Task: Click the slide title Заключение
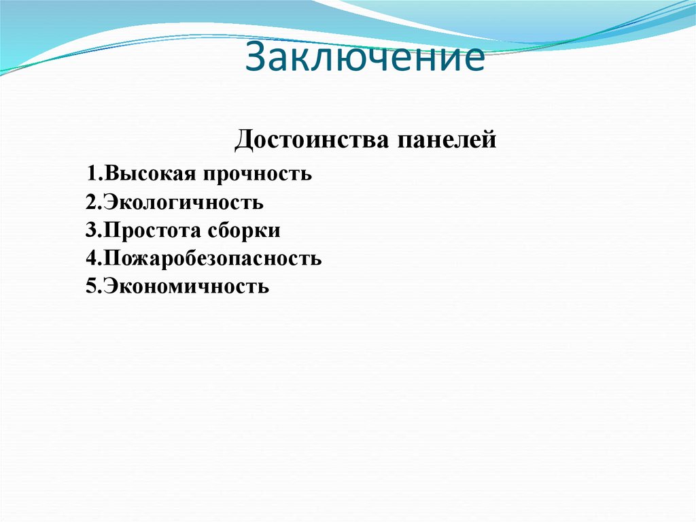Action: (366, 59)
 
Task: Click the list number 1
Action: (90, 174)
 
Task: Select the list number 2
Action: (90, 203)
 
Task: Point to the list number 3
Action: (90, 231)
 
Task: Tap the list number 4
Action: (90, 259)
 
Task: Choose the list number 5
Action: (90, 287)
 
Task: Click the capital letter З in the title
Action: (256, 59)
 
